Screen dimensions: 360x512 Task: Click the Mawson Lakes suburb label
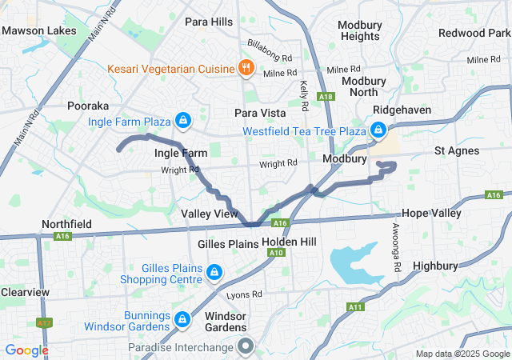point(39,31)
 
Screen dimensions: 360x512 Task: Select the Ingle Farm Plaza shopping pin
point(183,121)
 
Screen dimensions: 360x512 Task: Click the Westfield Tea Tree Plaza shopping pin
point(378,130)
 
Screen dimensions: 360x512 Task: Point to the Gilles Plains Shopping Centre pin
point(214,273)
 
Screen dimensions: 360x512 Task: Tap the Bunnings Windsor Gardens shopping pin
point(182,319)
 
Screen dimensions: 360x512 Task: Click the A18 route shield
point(325,96)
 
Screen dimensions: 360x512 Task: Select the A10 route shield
point(277,253)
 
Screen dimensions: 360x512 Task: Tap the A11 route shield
point(354,307)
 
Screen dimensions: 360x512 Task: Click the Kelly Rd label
point(304,95)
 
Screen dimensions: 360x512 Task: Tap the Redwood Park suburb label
point(473,33)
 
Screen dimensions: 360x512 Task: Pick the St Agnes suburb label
point(457,150)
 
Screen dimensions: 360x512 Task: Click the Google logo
point(26,350)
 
